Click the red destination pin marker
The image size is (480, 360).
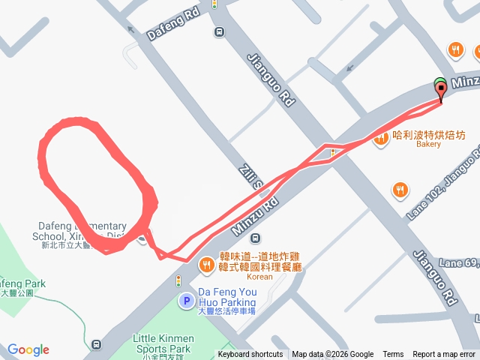(x=440, y=90)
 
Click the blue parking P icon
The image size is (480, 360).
(x=186, y=301)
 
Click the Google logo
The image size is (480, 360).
(x=28, y=349)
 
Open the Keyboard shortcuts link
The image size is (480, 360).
(x=250, y=355)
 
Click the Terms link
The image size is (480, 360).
(x=393, y=355)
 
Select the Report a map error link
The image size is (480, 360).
(x=445, y=355)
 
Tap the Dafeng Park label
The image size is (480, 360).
(x=22, y=284)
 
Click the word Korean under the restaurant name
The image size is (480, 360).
(x=259, y=276)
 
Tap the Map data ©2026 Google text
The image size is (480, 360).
(x=332, y=355)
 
